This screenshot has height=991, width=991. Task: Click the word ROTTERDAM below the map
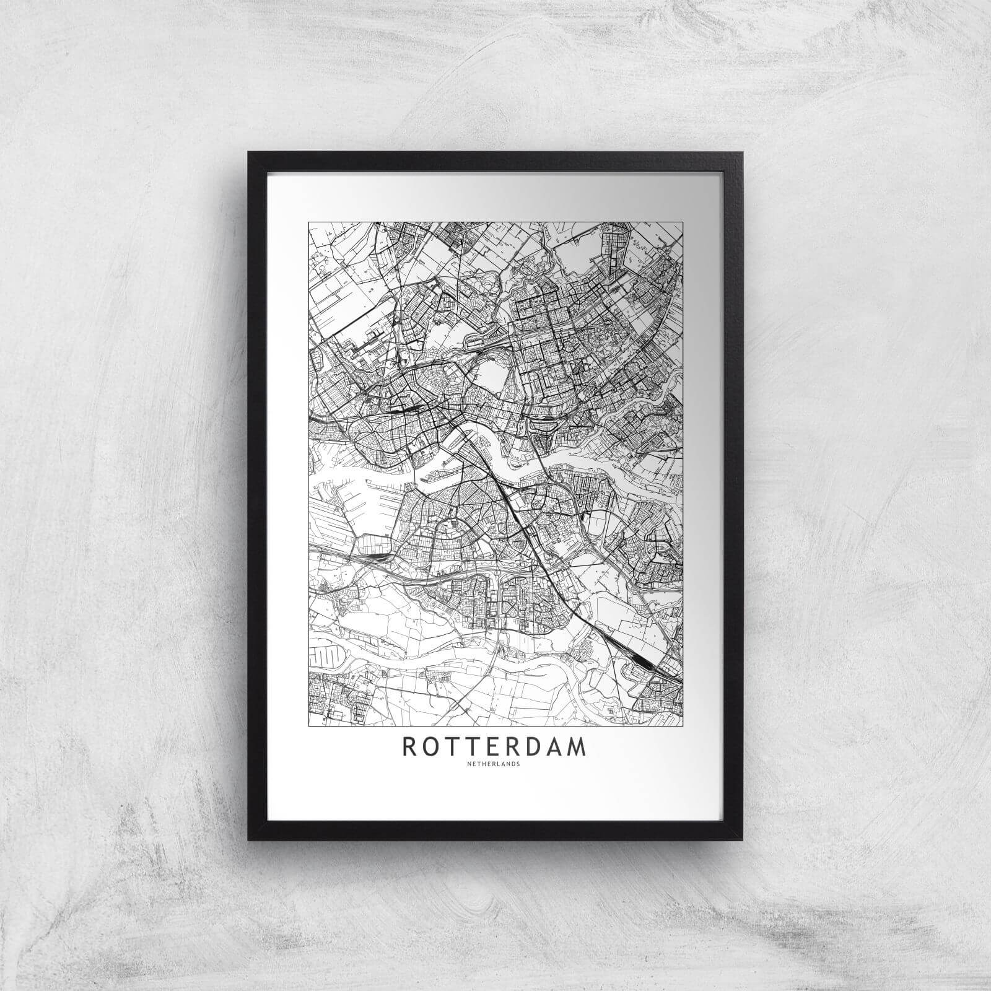(x=494, y=747)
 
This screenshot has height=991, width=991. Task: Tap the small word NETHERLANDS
(x=494, y=764)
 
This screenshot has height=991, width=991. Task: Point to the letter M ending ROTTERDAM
(x=576, y=747)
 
